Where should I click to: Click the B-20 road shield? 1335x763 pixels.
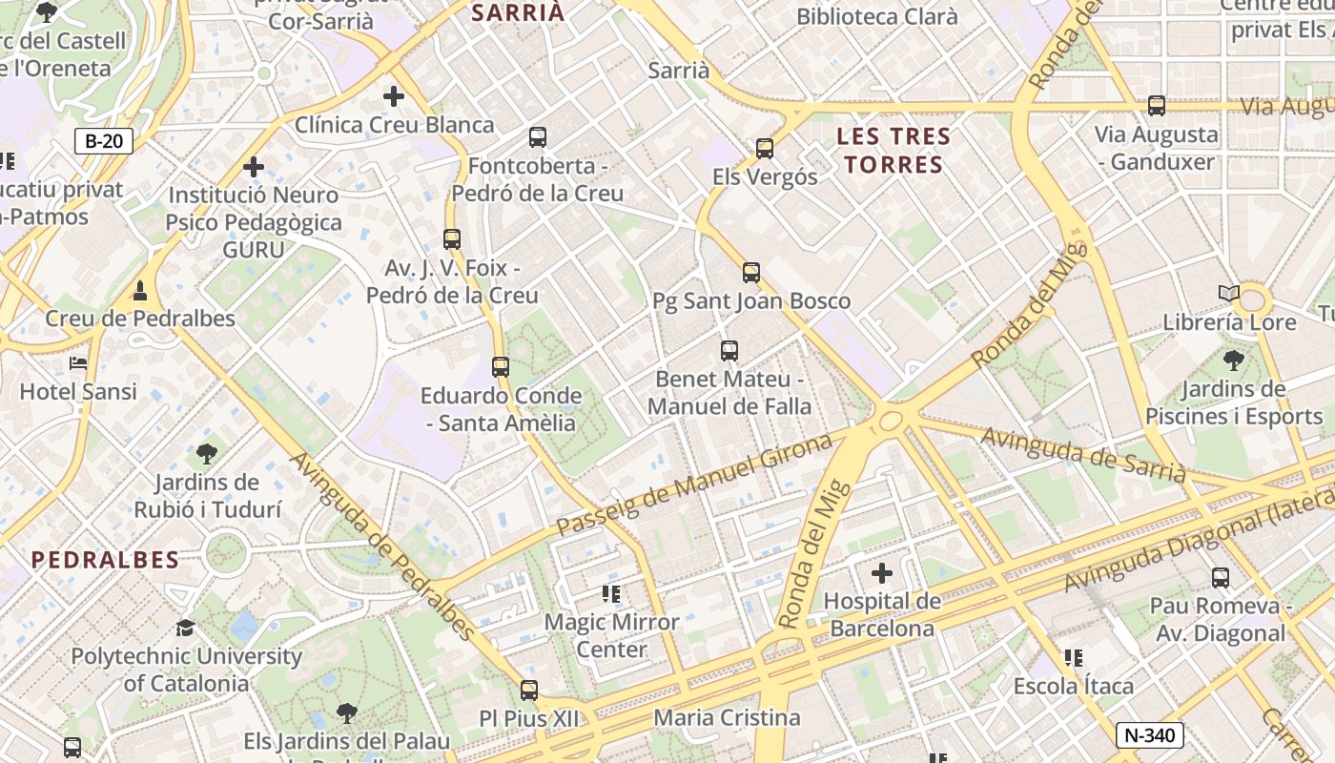104,142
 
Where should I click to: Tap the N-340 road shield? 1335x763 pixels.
1150,735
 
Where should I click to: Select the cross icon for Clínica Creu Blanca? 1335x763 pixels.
393,96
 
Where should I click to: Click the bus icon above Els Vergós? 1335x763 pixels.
764,148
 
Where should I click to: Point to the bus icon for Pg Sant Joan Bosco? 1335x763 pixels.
751,273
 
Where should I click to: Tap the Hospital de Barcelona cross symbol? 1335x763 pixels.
882,573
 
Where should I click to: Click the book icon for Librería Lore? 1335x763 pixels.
1229,294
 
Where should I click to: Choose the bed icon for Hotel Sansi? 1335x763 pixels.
78,363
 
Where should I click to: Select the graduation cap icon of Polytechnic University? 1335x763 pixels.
186,628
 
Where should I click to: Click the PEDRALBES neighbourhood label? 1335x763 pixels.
105,560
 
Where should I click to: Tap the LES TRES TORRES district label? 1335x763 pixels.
893,151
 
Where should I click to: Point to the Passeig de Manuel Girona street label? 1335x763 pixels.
694,485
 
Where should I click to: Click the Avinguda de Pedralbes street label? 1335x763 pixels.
381,546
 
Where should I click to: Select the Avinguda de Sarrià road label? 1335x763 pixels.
1083,455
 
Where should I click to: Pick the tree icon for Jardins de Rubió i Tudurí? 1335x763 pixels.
207,454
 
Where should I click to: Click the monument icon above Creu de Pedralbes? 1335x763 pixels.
140,289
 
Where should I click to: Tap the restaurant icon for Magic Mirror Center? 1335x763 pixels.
611,594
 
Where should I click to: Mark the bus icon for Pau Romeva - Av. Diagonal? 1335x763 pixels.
1221,577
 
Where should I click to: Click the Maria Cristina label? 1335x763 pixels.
727,717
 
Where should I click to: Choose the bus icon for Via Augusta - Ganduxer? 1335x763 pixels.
1157,106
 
